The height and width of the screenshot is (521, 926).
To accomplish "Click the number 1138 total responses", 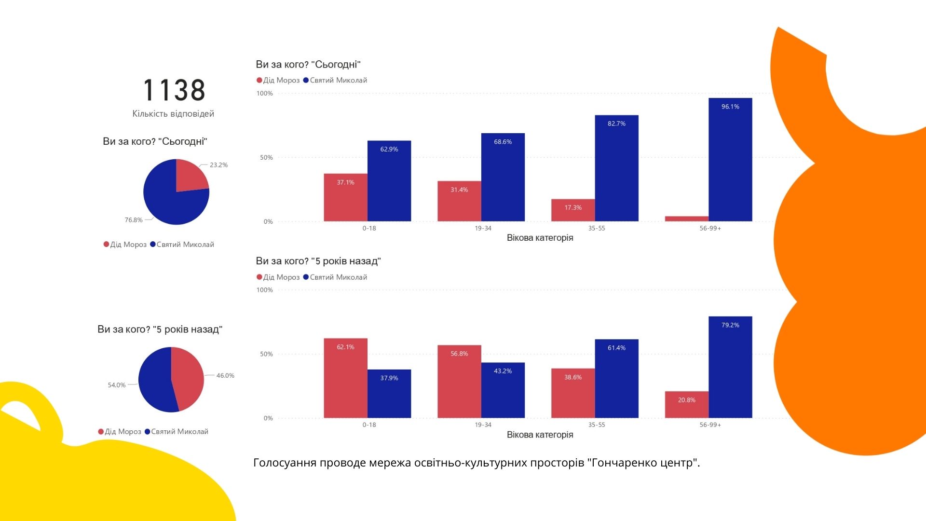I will pyautogui.click(x=174, y=90).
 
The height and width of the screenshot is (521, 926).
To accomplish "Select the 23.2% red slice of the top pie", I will pyautogui.click(x=189, y=175).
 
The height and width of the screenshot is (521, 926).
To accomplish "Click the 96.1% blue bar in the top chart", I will pyautogui.click(x=730, y=160).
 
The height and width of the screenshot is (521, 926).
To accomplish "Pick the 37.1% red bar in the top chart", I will pyautogui.click(x=345, y=197).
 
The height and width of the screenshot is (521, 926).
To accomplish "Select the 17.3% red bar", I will pyautogui.click(x=572, y=210).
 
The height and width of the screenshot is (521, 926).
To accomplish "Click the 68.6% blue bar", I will pyautogui.click(x=503, y=177).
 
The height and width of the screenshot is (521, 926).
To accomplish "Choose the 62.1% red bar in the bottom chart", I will pyautogui.click(x=345, y=378).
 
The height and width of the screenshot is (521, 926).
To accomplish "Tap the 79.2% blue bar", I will pyautogui.click(x=730, y=367).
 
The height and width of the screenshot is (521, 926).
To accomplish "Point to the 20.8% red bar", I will pyautogui.click(x=686, y=405).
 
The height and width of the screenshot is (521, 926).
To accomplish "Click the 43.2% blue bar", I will pyautogui.click(x=503, y=390).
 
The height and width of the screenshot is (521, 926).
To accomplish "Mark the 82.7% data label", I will pyautogui.click(x=616, y=123).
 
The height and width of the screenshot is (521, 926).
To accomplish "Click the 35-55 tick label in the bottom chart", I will pyautogui.click(x=597, y=425).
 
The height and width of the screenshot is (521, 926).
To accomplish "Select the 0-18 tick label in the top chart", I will pyautogui.click(x=369, y=228).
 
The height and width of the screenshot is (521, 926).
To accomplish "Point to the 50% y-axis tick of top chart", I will pyautogui.click(x=266, y=158).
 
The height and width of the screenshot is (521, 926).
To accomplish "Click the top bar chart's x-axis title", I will pyautogui.click(x=540, y=238).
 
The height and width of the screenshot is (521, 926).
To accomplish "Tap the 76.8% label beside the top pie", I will pyautogui.click(x=134, y=220).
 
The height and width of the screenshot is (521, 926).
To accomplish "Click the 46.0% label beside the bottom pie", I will pyautogui.click(x=225, y=375).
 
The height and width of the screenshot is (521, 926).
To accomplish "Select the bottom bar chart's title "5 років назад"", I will pyautogui.click(x=318, y=261).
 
